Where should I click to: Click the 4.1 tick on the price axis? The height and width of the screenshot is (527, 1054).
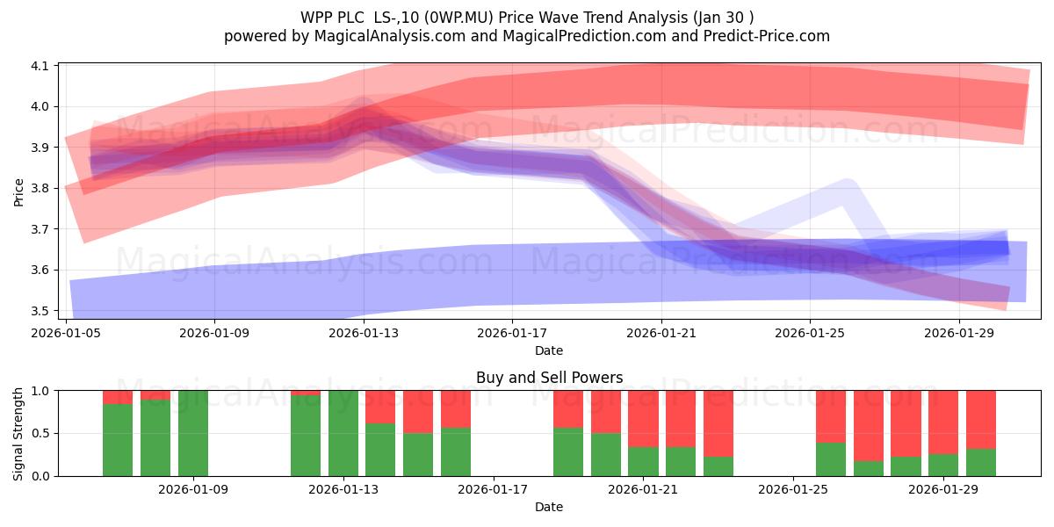40,66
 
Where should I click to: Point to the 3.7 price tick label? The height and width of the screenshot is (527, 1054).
40,229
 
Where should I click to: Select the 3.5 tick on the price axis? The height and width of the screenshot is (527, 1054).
40,311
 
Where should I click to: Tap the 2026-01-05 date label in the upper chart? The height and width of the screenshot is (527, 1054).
66,333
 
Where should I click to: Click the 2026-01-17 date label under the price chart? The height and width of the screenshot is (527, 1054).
512,333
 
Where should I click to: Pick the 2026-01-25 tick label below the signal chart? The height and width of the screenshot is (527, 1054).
793,489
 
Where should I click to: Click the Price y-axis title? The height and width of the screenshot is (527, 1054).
18,192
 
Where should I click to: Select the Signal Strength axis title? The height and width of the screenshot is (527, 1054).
18,434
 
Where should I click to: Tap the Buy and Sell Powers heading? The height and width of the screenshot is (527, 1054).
549,378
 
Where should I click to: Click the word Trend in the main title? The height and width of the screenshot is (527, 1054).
604,18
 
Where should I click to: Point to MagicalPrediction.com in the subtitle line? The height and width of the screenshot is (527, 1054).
584,36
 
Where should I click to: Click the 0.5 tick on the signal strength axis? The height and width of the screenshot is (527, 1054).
40,433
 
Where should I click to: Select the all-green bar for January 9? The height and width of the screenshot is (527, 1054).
193,433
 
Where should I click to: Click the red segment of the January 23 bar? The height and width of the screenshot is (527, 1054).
718,423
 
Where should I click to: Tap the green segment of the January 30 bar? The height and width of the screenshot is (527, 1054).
980,463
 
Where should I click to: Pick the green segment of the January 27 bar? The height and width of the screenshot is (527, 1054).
868,469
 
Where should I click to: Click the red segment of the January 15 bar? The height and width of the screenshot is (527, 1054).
418,412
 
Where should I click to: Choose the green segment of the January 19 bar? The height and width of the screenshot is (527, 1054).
568,451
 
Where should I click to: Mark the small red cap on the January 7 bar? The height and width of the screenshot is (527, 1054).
118,397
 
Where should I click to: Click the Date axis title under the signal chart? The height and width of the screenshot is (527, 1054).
549,507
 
